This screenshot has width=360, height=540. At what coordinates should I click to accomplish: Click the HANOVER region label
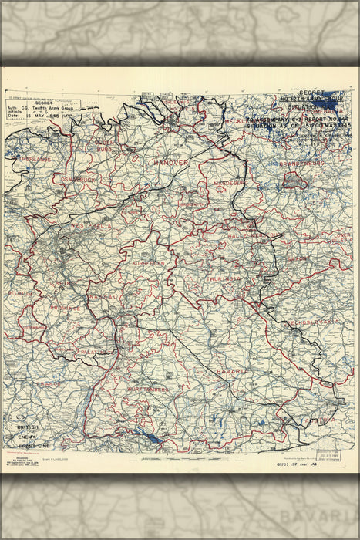(x=171, y=164)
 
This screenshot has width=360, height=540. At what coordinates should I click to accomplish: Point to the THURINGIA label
(x=225, y=278)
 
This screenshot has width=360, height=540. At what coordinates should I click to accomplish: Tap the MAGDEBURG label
(x=229, y=182)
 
